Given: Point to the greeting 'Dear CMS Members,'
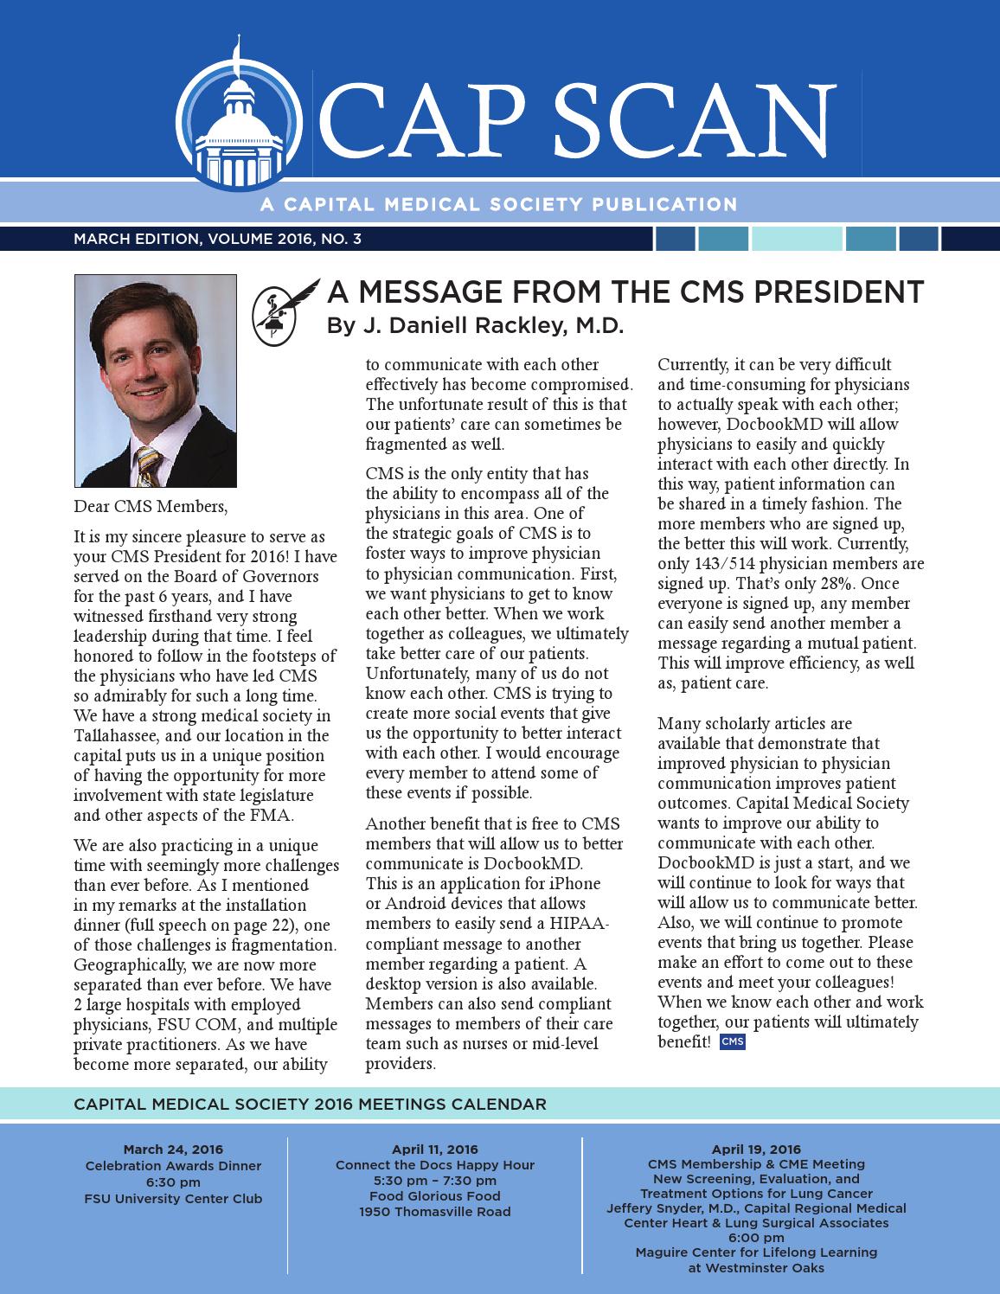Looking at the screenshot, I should click(x=151, y=506).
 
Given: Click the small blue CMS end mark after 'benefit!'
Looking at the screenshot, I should click(x=732, y=1042).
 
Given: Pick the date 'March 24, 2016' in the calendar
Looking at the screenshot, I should click(x=173, y=1150).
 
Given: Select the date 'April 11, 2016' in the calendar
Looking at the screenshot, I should click(x=434, y=1150).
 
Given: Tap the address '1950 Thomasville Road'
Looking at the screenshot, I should click(x=434, y=1212).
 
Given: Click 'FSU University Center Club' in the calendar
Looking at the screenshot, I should click(x=173, y=1199).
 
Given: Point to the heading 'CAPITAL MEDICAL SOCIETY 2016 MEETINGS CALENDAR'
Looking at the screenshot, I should click(x=310, y=1105).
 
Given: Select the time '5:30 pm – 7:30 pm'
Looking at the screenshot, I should click(x=434, y=1181).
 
